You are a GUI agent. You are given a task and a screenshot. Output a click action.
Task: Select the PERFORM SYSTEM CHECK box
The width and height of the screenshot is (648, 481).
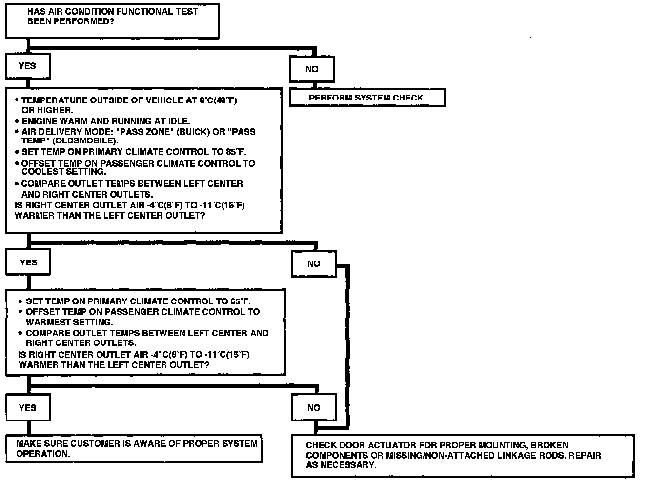pyautogui.click(x=367, y=98)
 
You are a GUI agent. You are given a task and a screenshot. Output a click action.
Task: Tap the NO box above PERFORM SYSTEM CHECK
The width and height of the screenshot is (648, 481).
pyautogui.click(x=312, y=69)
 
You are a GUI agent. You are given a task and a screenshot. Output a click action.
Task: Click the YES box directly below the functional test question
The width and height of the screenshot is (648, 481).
pyautogui.click(x=27, y=66)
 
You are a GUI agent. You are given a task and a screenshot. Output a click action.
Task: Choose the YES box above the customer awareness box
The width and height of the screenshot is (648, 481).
pyautogui.click(x=27, y=407)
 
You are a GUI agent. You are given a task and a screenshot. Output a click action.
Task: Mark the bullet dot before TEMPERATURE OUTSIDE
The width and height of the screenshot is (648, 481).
pyautogui.click(x=17, y=100)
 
